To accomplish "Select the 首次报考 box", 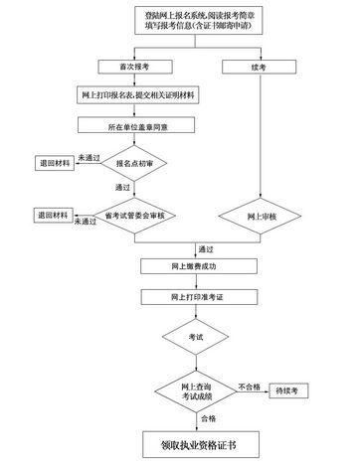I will (124, 68).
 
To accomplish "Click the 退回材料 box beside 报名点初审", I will (55, 162).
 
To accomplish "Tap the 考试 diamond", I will (195, 338).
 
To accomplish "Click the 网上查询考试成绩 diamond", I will (195, 389).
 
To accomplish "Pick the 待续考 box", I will (288, 389).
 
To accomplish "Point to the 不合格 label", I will (249, 384).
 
